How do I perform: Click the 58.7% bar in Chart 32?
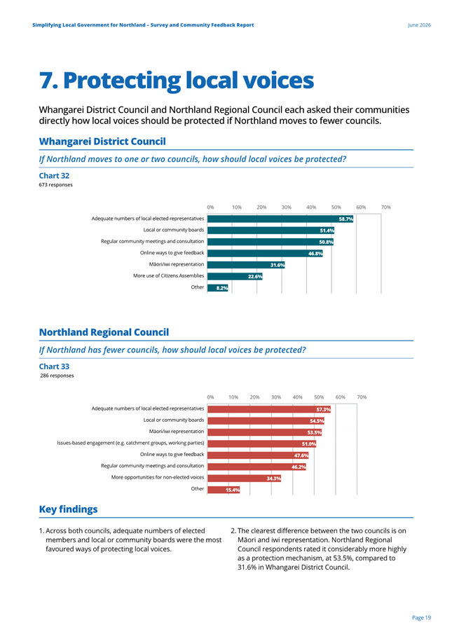(x=280, y=219)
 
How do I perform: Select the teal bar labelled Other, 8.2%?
(x=218, y=288)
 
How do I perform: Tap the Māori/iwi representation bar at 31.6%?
(x=246, y=265)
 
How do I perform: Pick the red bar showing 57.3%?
(x=269, y=409)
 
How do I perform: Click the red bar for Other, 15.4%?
(x=224, y=490)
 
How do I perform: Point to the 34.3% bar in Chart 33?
(x=244, y=478)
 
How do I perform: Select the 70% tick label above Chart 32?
(x=385, y=207)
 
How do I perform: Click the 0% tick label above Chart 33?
(x=210, y=397)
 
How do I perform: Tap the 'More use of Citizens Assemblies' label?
(x=168, y=276)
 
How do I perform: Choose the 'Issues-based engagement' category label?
(x=130, y=443)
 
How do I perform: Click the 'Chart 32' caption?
(x=54, y=176)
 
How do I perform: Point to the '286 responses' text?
(x=57, y=376)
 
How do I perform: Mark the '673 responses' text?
(x=56, y=185)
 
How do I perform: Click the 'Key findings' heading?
(x=69, y=509)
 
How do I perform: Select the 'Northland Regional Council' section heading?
(x=104, y=332)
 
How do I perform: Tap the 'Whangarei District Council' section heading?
(x=102, y=142)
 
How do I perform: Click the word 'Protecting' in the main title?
(x=122, y=81)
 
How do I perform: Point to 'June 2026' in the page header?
(x=419, y=25)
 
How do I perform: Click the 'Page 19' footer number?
(x=421, y=618)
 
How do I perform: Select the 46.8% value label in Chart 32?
(x=315, y=254)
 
